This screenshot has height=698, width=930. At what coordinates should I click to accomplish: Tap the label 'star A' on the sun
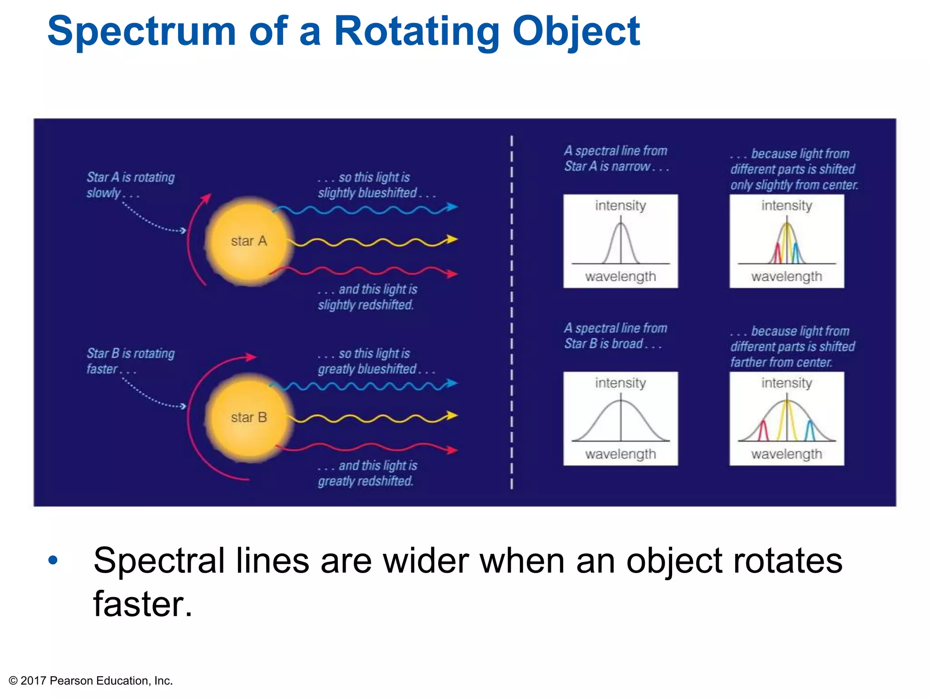point(248,241)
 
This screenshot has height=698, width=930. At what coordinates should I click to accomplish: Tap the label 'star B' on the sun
point(248,417)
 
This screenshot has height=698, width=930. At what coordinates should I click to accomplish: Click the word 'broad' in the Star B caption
point(627,344)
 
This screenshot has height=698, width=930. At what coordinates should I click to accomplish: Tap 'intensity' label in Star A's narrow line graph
point(620,206)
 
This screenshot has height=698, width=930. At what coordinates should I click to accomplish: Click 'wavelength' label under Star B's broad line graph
point(620,454)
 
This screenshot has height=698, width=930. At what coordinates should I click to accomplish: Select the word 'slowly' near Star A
point(104,193)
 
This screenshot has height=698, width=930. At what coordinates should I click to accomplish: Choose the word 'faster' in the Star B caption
point(102,369)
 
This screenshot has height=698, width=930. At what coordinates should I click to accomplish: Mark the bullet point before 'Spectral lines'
point(53,560)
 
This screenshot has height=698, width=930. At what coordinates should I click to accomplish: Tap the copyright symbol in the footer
point(13,681)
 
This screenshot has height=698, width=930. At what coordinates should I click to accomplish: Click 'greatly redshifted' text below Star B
point(365,481)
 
